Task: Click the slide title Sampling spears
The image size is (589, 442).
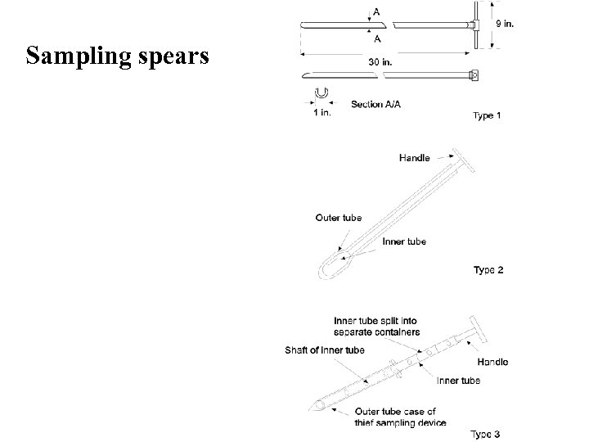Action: (117, 56)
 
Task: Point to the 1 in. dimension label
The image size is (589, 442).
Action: (322, 112)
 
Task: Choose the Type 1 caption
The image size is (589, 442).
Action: (488, 115)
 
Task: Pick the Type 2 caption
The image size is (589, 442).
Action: (488, 270)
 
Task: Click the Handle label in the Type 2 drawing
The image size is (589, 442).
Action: (415, 157)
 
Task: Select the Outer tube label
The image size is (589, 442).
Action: (339, 218)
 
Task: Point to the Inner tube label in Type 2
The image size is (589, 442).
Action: (404, 241)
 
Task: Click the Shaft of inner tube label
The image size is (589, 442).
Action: (324, 350)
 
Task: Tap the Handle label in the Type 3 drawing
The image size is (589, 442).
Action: (492, 362)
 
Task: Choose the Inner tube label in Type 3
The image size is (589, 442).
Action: (458, 380)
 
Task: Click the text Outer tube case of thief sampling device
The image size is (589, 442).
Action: (399, 417)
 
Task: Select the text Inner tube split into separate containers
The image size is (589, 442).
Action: (376, 326)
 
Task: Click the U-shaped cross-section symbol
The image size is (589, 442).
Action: (321, 93)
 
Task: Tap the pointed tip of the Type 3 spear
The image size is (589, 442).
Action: (312, 407)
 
